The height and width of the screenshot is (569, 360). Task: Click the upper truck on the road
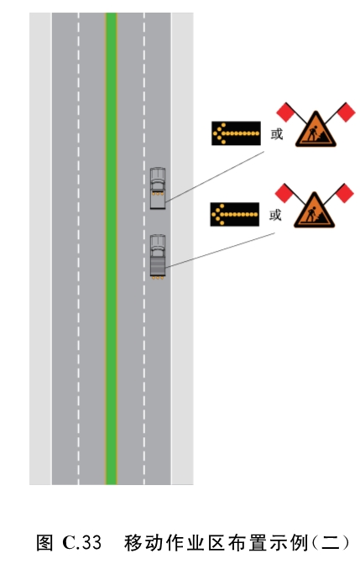[158, 188]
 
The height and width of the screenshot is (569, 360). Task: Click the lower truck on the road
[158, 257]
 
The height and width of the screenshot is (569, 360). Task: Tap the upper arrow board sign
[236, 133]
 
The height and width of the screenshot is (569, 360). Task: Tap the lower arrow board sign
[234, 215]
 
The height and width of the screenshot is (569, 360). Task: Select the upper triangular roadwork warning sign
[316, 130]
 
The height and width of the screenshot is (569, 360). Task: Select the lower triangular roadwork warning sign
[315, 211]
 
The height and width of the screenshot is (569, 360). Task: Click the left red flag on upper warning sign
[285, 112]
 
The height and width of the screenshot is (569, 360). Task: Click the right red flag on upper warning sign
[346, 112]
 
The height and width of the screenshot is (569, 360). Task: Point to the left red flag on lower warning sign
[284, 193]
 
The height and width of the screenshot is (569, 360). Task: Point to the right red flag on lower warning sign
[344, 193]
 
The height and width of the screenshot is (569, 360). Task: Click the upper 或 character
[277, 134]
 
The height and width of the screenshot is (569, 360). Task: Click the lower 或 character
[275, 215]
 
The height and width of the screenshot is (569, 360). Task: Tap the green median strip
[111, 248]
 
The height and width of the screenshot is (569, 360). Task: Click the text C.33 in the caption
[81, 542]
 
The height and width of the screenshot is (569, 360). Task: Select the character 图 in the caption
[44, 542]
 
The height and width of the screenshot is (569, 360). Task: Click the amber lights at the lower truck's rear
[158, 278]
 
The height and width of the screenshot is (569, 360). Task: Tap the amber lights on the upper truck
[158, 194]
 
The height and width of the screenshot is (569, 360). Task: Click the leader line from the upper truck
[215, 177]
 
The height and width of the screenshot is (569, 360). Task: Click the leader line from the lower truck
[220, 250]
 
